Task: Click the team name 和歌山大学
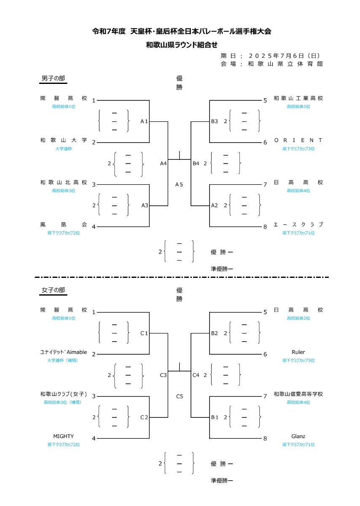(x=63, y=140)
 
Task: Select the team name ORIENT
(x=298, y=140)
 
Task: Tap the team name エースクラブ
(x=298, y=225)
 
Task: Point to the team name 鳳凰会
(x=63, y=225)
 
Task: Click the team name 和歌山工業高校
(x=298, y=98)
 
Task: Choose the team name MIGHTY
(x=63, y=436)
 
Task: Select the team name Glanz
(x=298, y=436)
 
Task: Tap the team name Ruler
(x=298, y=352)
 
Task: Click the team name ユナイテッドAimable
(x=63, y=352)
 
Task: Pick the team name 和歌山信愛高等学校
(x=298, y=394)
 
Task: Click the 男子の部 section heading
(x=53, y=78)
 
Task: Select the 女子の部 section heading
(x=53, y=290)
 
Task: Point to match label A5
(x=179, y=184)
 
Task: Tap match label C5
(x=179, y=396)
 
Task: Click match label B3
(x=215, y=121)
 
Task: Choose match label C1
(x=144, y=333)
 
